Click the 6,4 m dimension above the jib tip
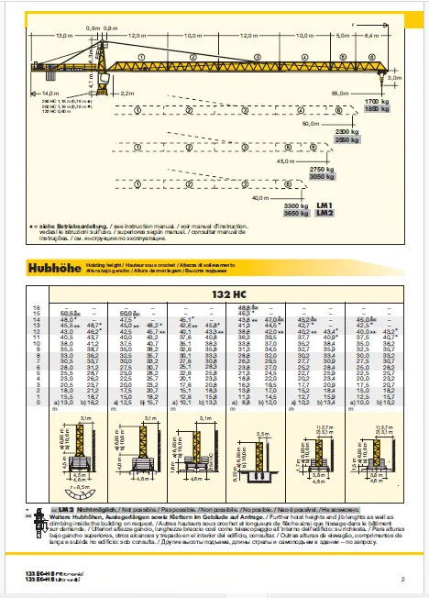tap(371, 35)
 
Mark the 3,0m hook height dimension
tap(395, 79)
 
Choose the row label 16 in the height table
tap(37, 306)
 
